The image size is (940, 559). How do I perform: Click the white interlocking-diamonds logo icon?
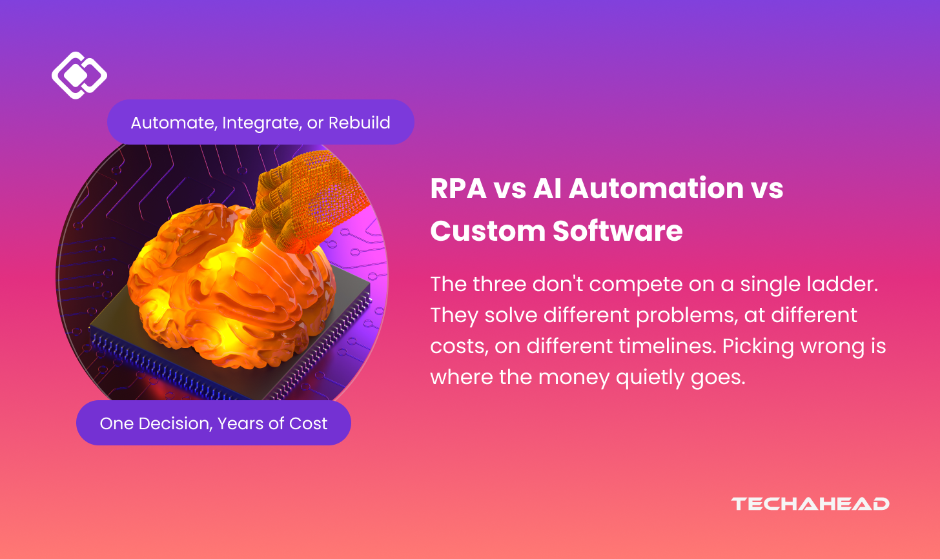[79, 76]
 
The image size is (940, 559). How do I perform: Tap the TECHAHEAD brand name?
[810, 503]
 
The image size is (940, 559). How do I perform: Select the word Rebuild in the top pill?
[359, 123]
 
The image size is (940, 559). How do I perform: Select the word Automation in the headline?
[657, 188]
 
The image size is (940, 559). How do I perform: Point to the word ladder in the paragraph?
[848, 284]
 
